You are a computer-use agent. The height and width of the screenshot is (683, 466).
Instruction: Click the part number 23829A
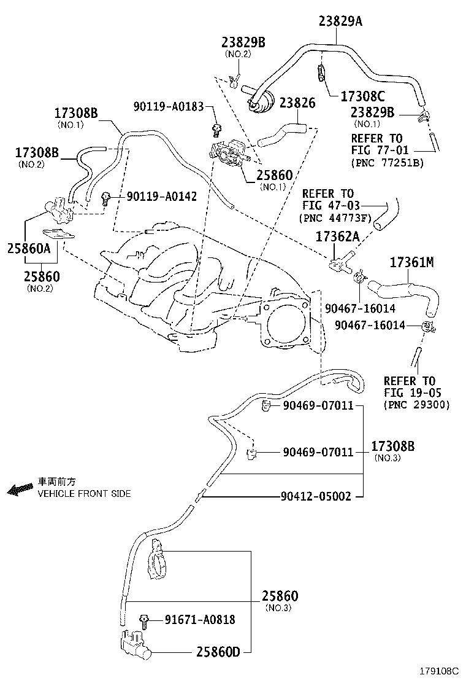click(x=340, y=21)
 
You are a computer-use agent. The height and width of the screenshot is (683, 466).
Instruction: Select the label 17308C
click(x=362, y=96)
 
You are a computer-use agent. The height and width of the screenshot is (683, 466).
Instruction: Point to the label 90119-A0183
click(x=169, y=106)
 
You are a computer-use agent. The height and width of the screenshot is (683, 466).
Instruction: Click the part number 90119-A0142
click(x=162, y=197)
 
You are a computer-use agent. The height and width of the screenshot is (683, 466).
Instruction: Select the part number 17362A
click(x=337, y=236)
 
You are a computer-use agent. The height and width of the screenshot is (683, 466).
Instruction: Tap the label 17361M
click(x=411, y=263)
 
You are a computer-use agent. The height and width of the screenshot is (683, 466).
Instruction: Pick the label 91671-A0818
click(x=199, y=620)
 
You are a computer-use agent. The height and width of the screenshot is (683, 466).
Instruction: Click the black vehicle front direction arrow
click(x=20, y=490)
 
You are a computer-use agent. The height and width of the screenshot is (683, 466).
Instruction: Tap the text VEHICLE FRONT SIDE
click(x=84, y=494)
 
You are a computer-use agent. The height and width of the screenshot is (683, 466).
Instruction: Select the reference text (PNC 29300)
click(x=417, y=405)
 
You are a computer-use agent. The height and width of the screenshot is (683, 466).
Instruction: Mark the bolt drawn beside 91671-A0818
click(x=145, y=620)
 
